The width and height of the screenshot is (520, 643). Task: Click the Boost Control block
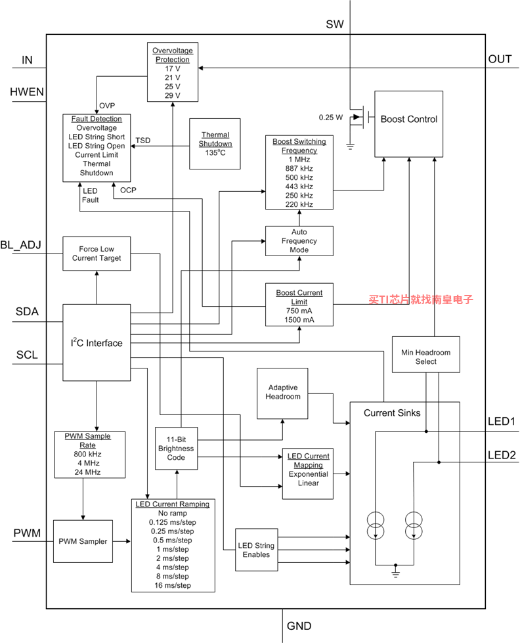408,124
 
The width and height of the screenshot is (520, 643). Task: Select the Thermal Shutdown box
215,144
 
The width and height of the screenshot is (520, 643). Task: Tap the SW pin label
335,24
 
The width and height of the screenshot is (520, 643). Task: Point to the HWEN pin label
27,92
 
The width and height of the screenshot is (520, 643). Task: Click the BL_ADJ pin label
20,245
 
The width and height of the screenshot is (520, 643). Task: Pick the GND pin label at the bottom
299,626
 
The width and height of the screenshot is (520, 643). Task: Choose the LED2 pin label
502,455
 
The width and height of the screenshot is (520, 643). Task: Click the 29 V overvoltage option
173,95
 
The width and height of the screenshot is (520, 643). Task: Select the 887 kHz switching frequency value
299,168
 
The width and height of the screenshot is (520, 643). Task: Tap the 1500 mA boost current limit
299,319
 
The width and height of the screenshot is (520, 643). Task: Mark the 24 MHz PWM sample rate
87,472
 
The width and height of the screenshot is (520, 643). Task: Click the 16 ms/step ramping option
173,585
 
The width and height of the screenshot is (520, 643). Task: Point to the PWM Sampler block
83,541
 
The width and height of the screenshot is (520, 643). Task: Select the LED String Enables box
256,550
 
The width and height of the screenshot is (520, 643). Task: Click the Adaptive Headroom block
282,393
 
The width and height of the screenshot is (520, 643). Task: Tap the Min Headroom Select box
425,354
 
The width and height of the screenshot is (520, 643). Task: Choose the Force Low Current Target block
97,254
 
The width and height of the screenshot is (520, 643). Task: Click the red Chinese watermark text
421,299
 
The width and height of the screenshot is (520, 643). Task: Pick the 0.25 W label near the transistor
330,118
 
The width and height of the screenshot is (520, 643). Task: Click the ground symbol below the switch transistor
350,146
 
